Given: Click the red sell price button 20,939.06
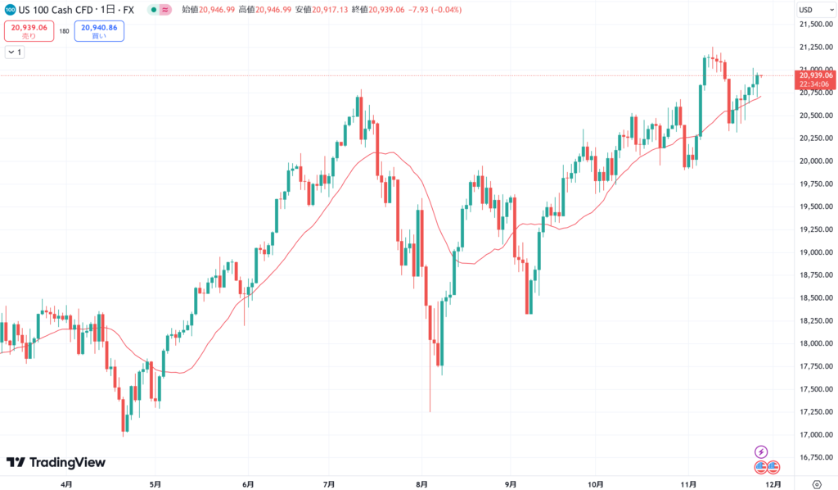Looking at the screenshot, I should click(x=29, y=31).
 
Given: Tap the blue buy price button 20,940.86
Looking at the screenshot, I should click(x=99, y=31).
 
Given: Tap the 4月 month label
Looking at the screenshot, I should click(x=66, y=483).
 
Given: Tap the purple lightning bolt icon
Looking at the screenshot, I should click(x=761, y=451).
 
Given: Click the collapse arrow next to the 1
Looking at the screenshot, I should click(x=11, y=52).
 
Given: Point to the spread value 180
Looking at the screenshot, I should click(x=64, y=31).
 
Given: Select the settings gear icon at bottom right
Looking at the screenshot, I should click(x=817, y=483).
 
